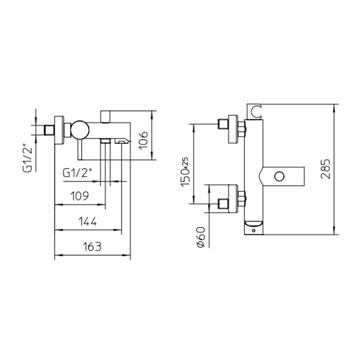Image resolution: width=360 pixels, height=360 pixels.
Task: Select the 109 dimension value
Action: [x=80, y=196]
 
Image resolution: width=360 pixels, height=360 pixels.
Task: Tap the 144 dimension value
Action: [x=87, y=221]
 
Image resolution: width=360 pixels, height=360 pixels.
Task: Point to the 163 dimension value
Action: [x=92, y=247]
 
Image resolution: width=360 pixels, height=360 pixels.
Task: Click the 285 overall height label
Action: [x=325, y=169]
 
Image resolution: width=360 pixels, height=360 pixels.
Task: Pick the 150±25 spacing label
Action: [x=185, y=172]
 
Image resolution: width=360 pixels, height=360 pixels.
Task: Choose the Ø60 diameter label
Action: [x=201, y=237]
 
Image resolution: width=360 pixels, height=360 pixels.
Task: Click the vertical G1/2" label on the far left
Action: [x=27, y=158]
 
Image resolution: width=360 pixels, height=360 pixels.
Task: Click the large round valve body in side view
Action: [x=80, y=130]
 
